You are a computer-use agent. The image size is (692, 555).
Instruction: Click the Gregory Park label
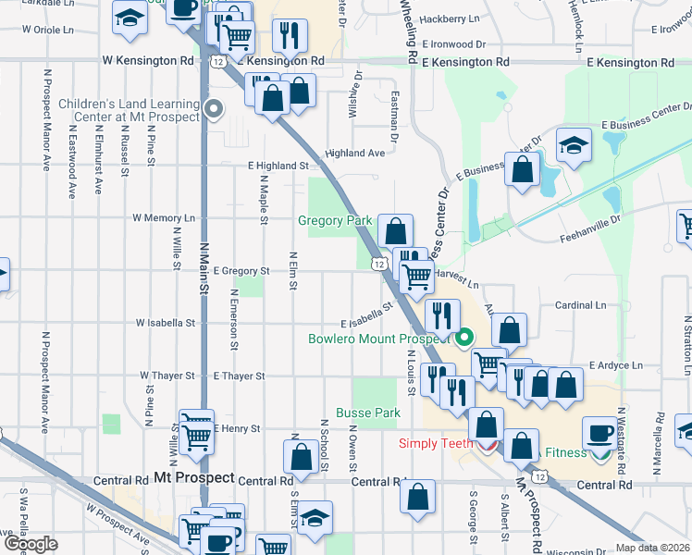pos(334,221)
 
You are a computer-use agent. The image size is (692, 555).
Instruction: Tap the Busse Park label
pos(367,413)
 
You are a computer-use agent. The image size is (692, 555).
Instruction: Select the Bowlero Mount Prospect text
pos(378,339)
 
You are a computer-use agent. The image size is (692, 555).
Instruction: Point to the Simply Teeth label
pos(433,443)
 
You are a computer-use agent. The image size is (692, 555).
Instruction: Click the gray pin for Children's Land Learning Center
pos(215,110)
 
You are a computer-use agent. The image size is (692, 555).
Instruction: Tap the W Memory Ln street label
pos(164,218)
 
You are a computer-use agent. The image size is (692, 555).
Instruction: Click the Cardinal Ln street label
pos(580,304)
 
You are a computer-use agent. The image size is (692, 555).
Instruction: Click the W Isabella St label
pos(166,324)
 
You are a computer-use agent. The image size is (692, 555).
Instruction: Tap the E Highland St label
pos(277,166)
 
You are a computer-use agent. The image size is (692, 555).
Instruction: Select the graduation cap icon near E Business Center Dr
pos(574,145)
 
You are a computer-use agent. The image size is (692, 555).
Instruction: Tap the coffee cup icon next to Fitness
pos(599,433)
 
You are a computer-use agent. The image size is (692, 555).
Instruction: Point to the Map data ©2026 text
pos(653,549)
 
